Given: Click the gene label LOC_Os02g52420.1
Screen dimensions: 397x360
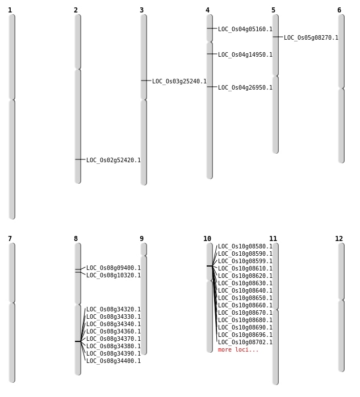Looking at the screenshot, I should [x=113, y=161].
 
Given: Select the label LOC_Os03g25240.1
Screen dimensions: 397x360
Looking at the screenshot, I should [x=179, y=82].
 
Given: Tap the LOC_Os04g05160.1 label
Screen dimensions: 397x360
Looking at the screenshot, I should [x=245, y=29].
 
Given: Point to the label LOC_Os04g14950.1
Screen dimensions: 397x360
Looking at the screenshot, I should [x=245, y=55].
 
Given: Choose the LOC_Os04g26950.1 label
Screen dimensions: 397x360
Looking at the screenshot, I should [x=245, y=88].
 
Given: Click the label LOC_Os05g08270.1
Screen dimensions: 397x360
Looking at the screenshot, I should [x=311, y=38].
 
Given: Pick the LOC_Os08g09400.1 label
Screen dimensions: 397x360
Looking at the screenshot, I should [x=113, y=268].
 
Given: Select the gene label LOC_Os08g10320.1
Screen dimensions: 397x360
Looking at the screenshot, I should [x=113, y=276].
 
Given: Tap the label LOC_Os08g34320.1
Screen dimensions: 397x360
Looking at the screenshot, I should [x=113, y=310].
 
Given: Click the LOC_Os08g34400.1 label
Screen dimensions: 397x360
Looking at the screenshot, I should [x=113, y=361].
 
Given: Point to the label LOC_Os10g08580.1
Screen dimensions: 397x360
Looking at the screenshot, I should [x=245, y=247].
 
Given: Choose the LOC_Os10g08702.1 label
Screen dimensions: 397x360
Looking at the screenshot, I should [x=245, y=343].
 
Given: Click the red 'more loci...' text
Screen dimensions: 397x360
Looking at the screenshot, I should [x=238, y=350].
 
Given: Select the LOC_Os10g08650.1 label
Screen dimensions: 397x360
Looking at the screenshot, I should [x=245, y=298].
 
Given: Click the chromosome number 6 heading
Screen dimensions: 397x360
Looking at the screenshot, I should [x=339, y=10].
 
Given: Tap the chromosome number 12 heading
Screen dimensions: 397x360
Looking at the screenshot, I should [x=339, y=239].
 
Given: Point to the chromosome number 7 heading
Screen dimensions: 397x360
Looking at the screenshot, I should [x=10, y=239].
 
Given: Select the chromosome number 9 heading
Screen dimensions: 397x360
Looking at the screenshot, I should [x=141, y=239].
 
